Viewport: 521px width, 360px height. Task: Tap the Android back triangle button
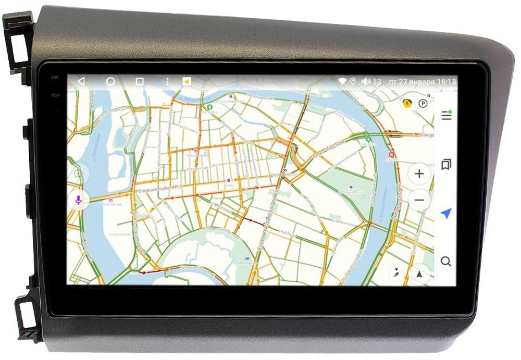pos(81,81)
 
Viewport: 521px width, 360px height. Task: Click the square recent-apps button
pos(140,81)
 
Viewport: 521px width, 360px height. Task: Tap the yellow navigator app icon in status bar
pos(187,81)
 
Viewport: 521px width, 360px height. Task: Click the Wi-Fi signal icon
pos(342,81)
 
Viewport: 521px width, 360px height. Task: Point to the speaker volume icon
pos(366,81)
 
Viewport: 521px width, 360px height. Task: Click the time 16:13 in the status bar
pos(446,82)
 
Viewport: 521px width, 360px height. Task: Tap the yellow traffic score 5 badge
pos(407,103)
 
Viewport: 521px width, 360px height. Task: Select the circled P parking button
pos(423,103)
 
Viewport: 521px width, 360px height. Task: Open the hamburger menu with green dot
pos(446,115)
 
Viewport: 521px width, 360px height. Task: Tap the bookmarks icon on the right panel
pos(446,165)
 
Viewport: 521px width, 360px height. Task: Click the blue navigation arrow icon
pos(446,213)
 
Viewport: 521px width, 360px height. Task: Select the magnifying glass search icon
pos(446,261)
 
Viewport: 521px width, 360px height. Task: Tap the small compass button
pos(397,273)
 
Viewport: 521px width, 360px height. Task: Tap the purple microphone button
pos(78,200)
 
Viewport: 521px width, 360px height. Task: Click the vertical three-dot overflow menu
pos(167,81)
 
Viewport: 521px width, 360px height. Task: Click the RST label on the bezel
pos(55,95)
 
